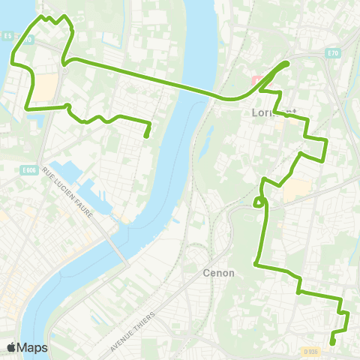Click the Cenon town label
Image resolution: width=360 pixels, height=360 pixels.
pyautogui.click(x=219, y=274)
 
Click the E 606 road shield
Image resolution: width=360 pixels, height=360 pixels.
pyautogui.click(x=29, y=172)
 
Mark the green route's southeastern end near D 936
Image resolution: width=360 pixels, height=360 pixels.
pyautogui.click(x=332, y=343)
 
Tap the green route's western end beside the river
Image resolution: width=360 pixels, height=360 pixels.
pyautogui.click(x=146, y=136)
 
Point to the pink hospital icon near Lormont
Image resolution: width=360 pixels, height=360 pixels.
pyautogui.click(x=255, y=79)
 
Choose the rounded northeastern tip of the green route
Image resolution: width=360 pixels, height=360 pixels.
pyautogui.click(x=287, y=64)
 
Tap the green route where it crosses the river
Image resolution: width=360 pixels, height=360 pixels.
pyautogui.click(x=180, y=84)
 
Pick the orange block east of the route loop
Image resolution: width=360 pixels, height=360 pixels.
pyautogui.click(x=295, y=189)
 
